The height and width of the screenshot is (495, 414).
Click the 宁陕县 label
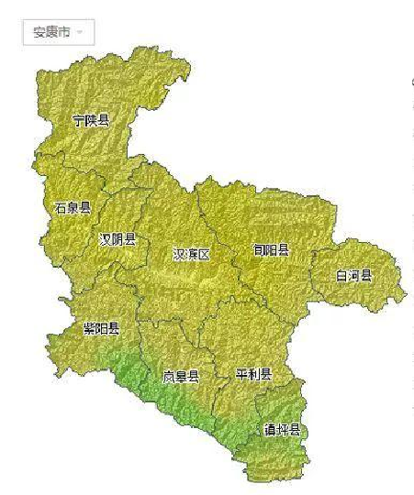[x=91, y=120]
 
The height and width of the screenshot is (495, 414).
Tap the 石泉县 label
[x=73, y=207]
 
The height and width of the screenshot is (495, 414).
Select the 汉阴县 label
[x=117, y=239]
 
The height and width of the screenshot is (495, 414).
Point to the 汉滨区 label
[x=191, y=254]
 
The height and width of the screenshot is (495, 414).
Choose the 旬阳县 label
[x=271, y=249]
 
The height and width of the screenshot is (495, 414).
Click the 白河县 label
[x=353, y=275]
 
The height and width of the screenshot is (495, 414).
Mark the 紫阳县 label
[x=101, y=328]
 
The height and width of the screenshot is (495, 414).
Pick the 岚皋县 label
[x=181, y=376]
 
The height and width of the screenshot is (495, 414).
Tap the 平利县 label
[x=253, y=374]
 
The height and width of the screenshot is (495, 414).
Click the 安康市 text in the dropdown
[x=50, y=32]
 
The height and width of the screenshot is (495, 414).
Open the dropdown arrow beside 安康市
[x=82, y=33]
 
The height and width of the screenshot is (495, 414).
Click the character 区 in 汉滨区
[x=204, y=254]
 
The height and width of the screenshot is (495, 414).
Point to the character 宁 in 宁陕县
[x=79, y=120]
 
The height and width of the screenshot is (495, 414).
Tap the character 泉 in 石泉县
[x=73, y=207]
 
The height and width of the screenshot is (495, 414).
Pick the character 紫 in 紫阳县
[x=89, y=328]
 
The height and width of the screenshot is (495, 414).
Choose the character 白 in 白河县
[x=341, y=275]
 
